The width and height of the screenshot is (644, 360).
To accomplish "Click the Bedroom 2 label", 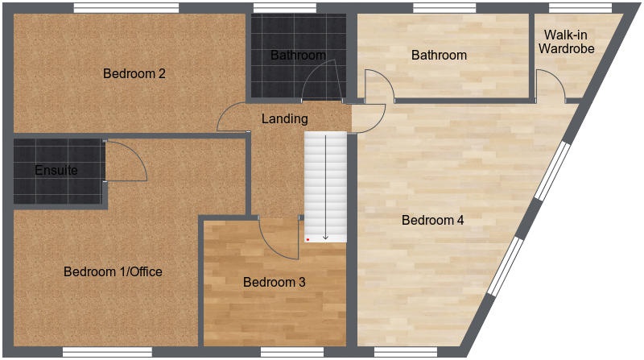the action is coord(134,73).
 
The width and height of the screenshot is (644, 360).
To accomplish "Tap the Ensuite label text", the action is coord(56,170).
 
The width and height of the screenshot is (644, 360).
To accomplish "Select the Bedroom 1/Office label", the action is coord(113,271).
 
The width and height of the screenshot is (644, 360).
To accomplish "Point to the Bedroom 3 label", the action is coord(275,282).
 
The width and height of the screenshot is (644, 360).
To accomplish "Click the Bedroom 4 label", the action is coord(433,220).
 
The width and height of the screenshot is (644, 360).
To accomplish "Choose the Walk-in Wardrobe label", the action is coord(567,42).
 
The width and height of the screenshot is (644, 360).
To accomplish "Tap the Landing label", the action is coord(285,118).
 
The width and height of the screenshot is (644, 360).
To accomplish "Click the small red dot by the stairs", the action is coord(308,239).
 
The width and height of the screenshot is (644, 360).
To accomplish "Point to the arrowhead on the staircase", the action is coord(326,237).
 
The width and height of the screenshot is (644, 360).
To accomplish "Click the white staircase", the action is coord(326,187).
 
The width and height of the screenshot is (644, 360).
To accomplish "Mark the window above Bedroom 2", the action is coord(126,8).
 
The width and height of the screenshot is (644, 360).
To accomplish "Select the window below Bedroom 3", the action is coord(292,352).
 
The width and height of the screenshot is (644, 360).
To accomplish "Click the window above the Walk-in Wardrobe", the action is coord(580,8).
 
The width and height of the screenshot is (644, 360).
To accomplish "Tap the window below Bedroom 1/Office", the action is coord(107,352).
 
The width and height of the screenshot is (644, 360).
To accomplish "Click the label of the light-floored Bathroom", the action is coord(439,55).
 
